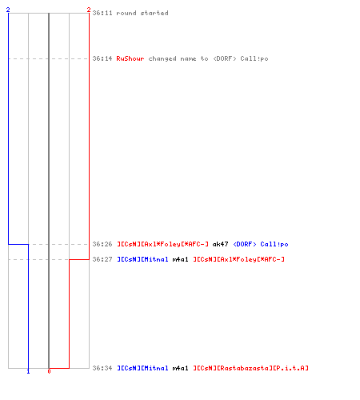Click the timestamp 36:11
click(x=102, y=13)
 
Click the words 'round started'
click(x=142, y=13)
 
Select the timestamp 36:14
click(x=102, y=58)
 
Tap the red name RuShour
click(x=130, y=58)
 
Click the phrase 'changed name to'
click(x=178, y=58)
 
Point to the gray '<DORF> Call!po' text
click(x=241, y=58)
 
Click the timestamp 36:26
click(x=102, y=244)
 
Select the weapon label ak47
click(x=221, y=244)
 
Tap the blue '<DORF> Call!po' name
click(x=261, y=244)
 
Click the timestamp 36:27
click(x=102, y=259)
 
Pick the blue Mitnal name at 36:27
click(x=142, y=259)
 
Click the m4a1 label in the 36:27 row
click(x=181, y=259)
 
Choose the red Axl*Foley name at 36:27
click(x=238, y=259)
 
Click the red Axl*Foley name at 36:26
click(x=162, y=244)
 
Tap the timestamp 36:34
click(x=102, y=368)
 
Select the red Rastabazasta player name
click(x=250, y=368)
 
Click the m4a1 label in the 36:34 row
click(x=181, y=368)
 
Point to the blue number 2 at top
click(x=8, y=10)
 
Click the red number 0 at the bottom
click(x=49, y=371)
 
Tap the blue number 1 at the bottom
click(x=28, y=371)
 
